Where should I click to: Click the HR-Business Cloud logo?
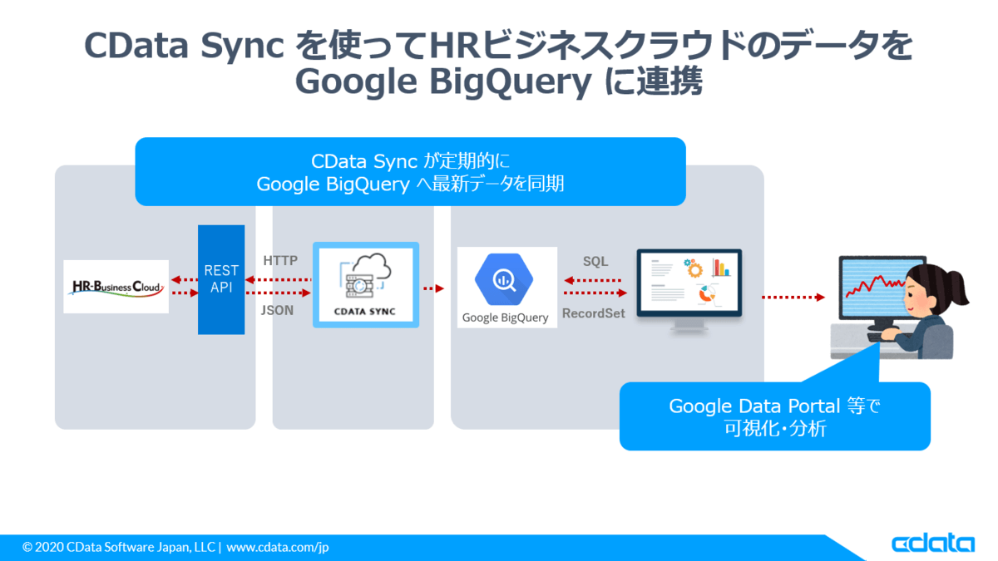click(116, 287)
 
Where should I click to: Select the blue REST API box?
click(221, 279)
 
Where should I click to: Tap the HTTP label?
click(280, 260)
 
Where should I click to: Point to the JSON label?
click(277, 310)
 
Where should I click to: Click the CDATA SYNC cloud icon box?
click(366, 285)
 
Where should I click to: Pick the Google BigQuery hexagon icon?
click(504, 279)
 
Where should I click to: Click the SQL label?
click(595, 261)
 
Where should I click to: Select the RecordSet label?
click(594, 313)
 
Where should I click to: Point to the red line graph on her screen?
click(875, 286)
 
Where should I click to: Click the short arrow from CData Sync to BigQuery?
click(434, 288)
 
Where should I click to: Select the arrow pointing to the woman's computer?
click(793, 297)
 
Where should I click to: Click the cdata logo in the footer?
click(933, 544)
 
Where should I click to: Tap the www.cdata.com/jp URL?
click(278, 547)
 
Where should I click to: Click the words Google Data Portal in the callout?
click(754, 406)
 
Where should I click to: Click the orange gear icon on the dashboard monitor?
click(694, 268)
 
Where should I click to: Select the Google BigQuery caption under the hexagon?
click(506, 317)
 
